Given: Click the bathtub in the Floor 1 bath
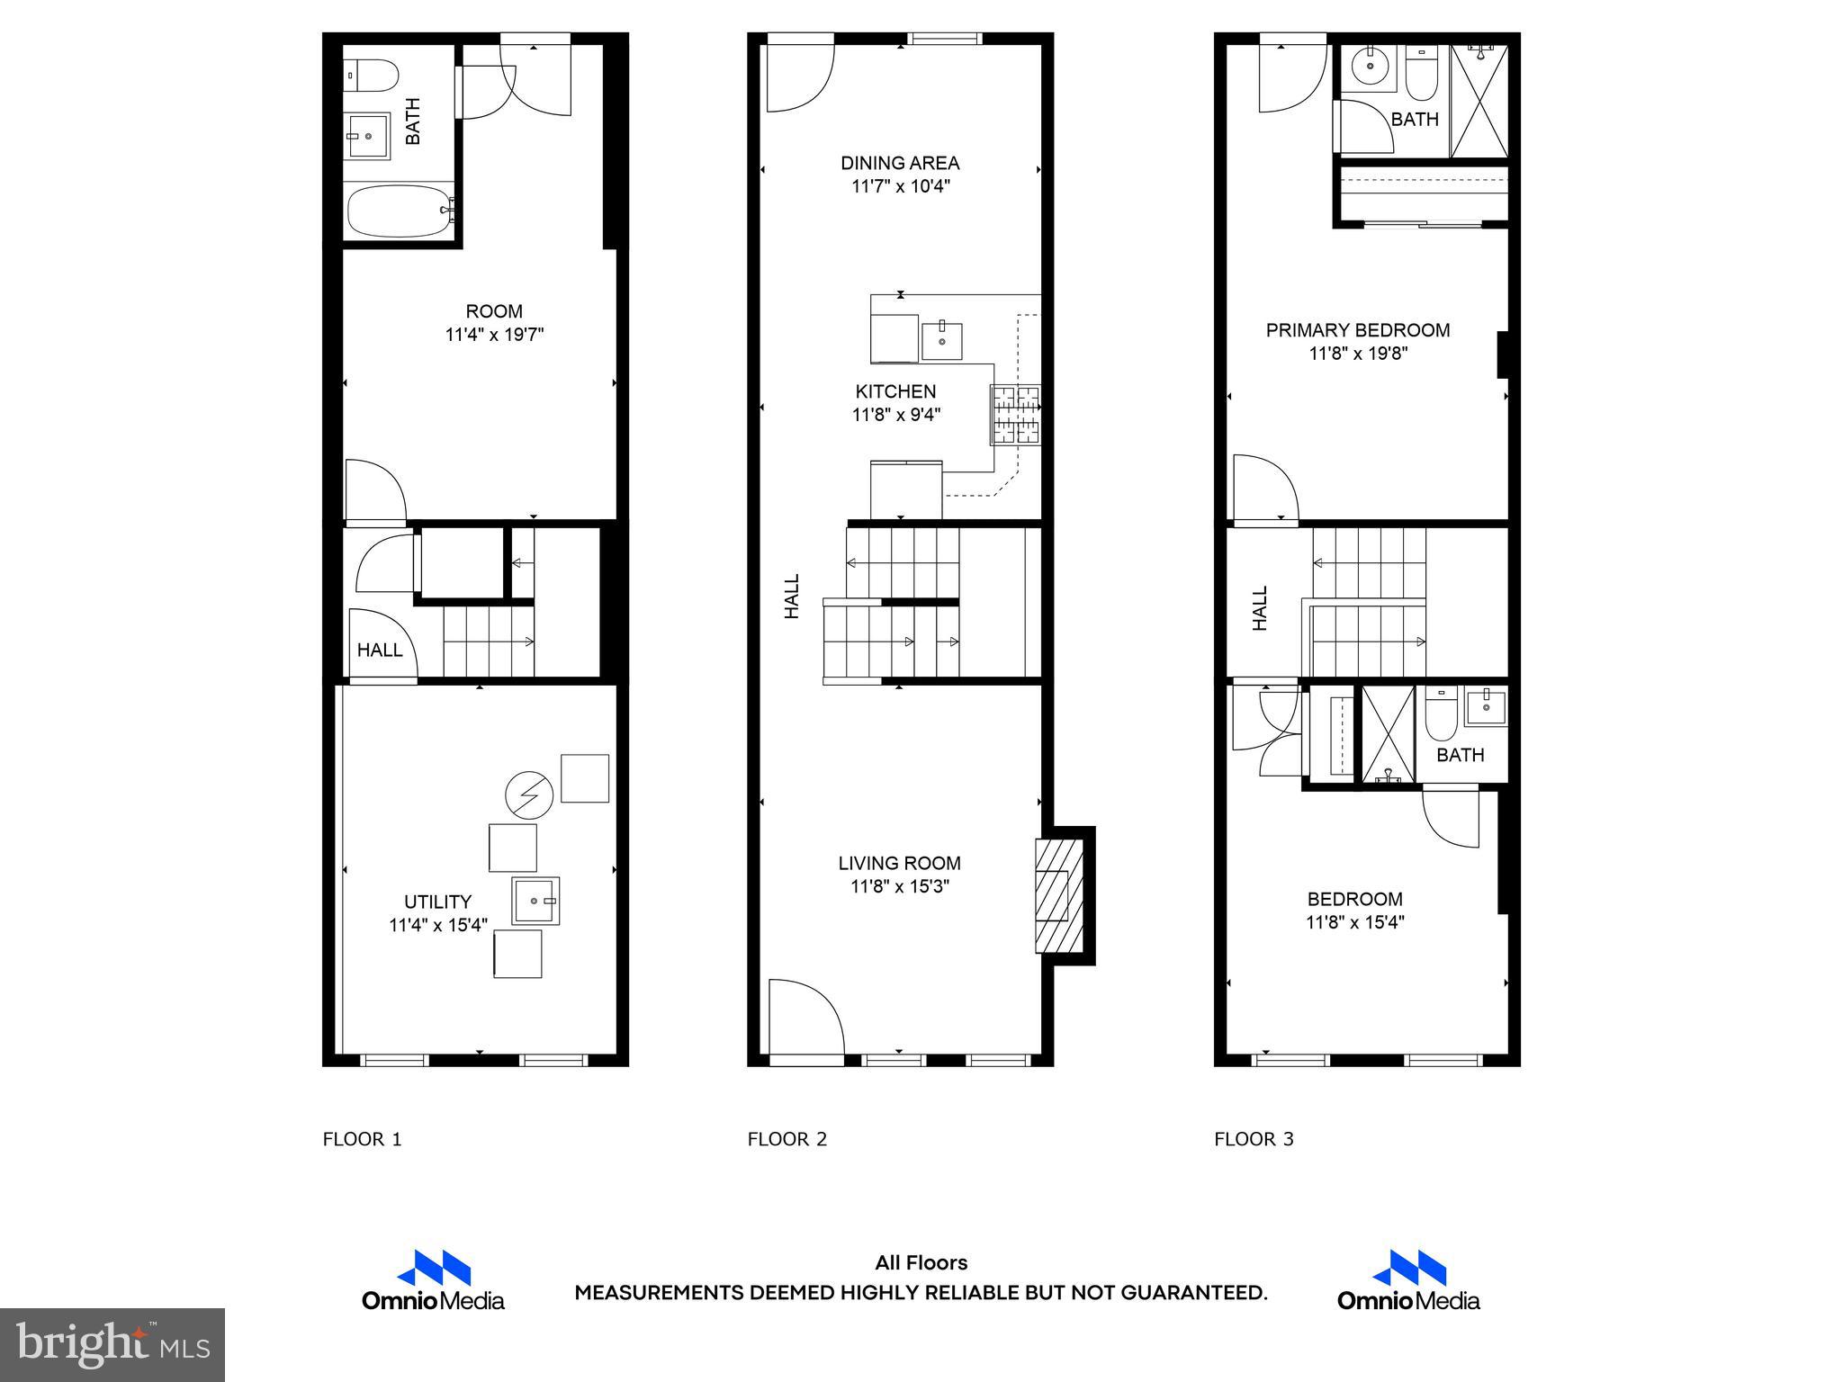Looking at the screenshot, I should click(x=399, y=211).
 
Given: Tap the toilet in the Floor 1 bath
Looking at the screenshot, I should click(x=370, y=76).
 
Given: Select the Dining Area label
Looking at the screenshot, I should click(x=900, y=163).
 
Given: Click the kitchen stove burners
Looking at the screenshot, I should click(x=1015, y=415).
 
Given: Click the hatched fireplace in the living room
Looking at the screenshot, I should click(x=1059, y=895).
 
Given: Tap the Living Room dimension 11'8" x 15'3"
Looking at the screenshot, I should click(x=900, y=886).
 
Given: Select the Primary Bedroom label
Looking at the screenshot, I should click(x=1357, y=330).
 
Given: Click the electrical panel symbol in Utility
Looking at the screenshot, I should click(x=528, y=794).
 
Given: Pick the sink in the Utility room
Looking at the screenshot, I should click(x=536, y=901).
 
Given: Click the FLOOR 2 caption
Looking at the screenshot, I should click(x=787, y=1139).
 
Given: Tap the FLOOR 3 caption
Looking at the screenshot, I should click(x=1254, y=1139).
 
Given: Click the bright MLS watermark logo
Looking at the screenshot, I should click(x=112, y=1344).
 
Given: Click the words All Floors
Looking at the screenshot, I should click(x=921, y=1262).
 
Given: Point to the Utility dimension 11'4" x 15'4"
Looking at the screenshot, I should click(x=438, y=925).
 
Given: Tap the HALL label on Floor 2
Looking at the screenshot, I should click(x=792, y=597).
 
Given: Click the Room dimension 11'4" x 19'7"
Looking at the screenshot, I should click(x=494, y=335).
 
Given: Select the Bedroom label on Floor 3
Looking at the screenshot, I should click(x=1354, y=899).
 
